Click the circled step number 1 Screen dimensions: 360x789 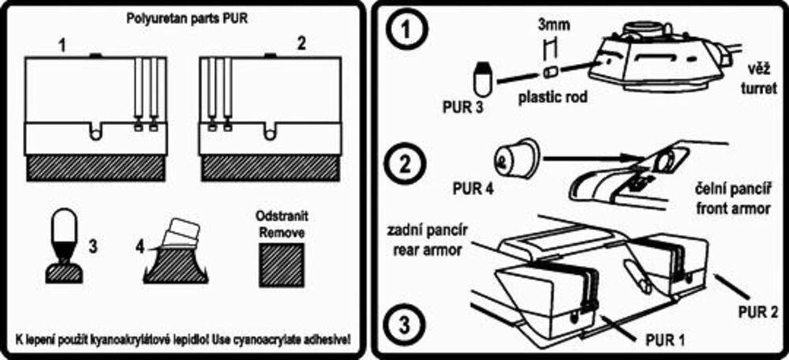pos(404,32)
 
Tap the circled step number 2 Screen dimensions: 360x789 pos(404,167)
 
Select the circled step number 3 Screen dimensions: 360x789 pos(404,324)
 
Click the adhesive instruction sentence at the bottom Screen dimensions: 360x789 pos(182,339)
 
